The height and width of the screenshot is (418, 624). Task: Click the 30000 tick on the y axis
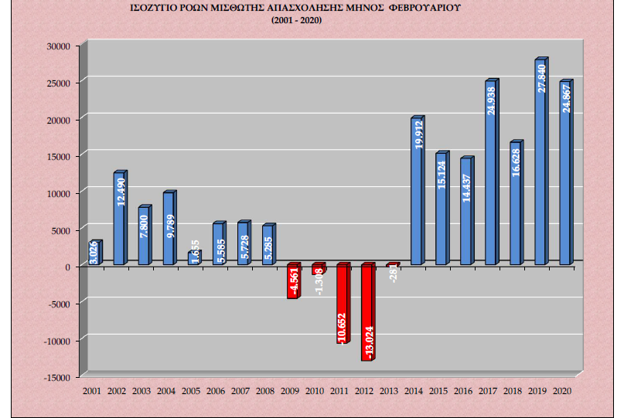tap(60, 46)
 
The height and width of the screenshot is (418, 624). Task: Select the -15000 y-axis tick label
tap(58, 377)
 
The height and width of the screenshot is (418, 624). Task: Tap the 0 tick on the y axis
tap(68, 267)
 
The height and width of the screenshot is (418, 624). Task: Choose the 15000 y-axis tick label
tap(60, 156)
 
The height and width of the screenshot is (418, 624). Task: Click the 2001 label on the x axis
tap(93, 392)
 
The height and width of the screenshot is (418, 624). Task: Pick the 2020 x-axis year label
tap(563, 392)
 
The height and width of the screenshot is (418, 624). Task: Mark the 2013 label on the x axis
tap(390, 392)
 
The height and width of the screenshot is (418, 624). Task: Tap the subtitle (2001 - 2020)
tap(297, 20)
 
